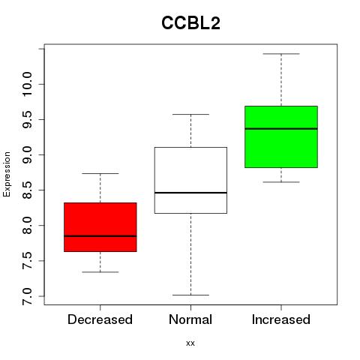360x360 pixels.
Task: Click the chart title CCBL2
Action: (x=190, y=23)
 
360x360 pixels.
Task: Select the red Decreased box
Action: (x=100, y=227)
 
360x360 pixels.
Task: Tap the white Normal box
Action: (x=190, y=180)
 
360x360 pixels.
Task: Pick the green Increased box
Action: (x=281, y=136)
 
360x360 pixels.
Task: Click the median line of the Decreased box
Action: (x=100, y=236)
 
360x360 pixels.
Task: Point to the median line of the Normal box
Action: (x=190, y=193)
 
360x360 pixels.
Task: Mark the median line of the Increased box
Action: (x=281, y=129)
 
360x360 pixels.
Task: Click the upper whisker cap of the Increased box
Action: (x=281, y=54)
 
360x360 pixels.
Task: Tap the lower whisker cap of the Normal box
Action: (x=190, y=295)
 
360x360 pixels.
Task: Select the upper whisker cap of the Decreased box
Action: (x=100, y=173)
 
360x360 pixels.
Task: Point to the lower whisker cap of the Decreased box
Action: (x=100, y=271)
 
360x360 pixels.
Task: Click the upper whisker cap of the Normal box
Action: (x=190, y=114)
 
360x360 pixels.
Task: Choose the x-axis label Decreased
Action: (x=100, y=319)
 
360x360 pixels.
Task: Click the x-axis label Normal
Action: (x=190, y=319)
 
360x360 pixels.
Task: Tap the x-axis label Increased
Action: (x=281, y=319)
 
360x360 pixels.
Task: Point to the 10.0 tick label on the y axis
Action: (x=27, y=84)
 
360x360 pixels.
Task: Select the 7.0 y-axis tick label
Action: (x=27, y=296)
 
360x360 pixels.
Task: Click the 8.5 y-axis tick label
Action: (x=27, y=190)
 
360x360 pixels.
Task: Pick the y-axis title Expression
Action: (x=7, y=174)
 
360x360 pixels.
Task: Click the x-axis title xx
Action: (x=190, y=343)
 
